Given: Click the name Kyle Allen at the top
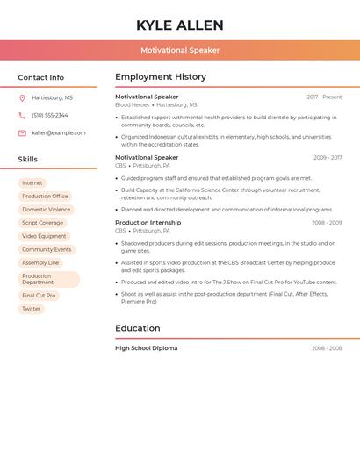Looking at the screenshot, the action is point(180,25).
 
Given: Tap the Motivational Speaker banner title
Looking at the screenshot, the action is point(180,50).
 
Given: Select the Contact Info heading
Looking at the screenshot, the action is point(41,77).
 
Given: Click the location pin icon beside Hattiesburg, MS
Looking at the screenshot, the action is point(22,97).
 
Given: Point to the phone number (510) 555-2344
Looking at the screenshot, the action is point(50,115).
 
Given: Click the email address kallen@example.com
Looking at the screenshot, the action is point(59,132).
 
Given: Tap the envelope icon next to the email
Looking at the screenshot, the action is point(22,132).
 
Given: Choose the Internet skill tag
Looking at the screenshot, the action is point(32,182).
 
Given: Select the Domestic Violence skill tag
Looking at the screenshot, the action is point(47,210).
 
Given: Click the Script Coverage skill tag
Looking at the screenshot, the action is point(43,223).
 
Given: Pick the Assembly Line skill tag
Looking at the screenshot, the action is point(40,262).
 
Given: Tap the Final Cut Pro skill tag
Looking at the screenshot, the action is point(39,296).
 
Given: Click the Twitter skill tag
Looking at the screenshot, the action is point(32,309).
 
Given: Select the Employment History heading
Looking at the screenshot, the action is point(161,77).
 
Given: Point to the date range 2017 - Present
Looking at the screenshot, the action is point(324,97).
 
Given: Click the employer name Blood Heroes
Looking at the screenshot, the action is point(133,104).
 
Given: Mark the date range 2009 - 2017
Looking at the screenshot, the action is point(328,158).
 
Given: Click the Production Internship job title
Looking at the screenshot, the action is point(148,223).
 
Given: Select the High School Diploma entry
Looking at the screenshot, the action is point(146,348).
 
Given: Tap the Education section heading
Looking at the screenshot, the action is point(138,328).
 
